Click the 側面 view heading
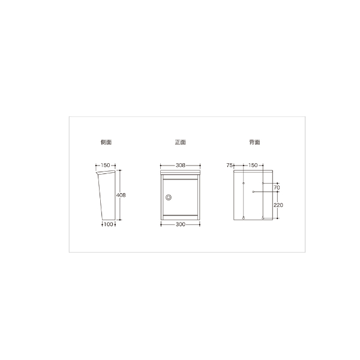point(106,142)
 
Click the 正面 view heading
point(180,142)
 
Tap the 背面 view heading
point(254,142)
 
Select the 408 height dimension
point(121,195)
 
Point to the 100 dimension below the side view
point(109,224)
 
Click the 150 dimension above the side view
point(106,166)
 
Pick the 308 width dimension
point(181,166)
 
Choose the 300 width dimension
point(181,224)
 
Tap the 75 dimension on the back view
point(229,166)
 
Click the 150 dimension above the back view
point(253,166)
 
